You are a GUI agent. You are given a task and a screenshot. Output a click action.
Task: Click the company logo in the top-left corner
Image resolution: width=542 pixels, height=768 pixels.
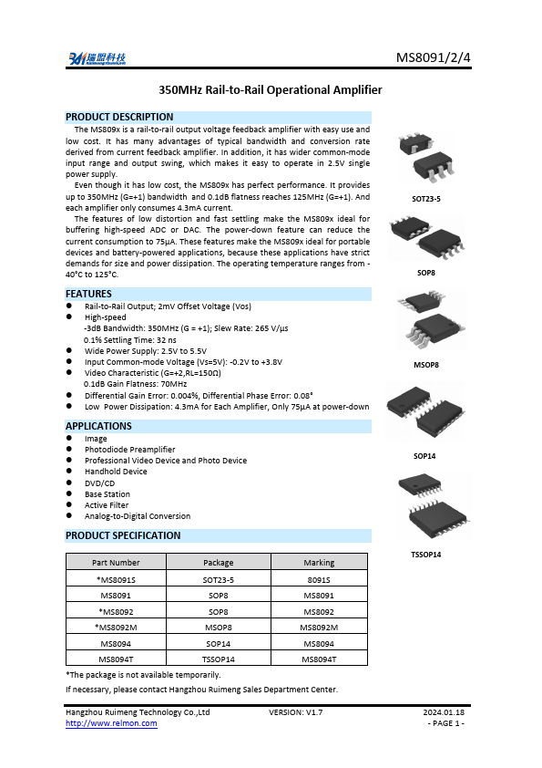(96, 59)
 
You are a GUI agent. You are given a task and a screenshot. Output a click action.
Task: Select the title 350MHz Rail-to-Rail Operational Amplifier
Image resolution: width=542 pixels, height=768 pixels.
(271, 89)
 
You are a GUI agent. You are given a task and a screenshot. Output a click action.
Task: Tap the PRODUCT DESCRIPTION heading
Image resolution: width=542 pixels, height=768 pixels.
(119, 117)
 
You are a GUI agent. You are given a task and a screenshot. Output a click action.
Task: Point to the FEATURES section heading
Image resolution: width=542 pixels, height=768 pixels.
(88, 294)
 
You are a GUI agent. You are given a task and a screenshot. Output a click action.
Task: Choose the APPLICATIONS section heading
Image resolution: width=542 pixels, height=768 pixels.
(98, 426)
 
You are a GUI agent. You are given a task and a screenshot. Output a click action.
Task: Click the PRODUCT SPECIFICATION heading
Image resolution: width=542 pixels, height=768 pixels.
(123, 535)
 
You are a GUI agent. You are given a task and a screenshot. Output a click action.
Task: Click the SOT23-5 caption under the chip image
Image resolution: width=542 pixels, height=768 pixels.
(425, 199)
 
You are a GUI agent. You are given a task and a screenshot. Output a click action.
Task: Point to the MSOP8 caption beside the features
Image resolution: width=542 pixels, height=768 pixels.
(425, 365)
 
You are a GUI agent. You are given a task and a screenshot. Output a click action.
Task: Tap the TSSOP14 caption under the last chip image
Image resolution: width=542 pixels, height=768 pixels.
(425, 555)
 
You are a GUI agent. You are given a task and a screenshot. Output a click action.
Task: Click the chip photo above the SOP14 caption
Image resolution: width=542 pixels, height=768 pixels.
(425, 415)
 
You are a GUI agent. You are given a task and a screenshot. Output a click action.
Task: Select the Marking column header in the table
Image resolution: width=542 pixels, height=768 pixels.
(319, 562)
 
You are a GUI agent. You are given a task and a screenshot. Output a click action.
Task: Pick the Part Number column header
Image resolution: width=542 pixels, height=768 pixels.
(117, 562)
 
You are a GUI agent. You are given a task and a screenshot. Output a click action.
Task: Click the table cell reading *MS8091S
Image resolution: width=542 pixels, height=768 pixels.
(117, 579)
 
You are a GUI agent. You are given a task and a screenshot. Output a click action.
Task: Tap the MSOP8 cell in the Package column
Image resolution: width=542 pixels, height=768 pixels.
(219, 627)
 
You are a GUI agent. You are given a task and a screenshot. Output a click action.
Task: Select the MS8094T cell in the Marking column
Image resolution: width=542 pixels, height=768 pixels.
(319, 658)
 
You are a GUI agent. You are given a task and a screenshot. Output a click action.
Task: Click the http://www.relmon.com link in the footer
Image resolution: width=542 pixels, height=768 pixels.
(111, 723)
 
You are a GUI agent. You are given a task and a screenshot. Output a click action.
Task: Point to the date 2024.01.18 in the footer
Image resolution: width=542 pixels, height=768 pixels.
(444, 711)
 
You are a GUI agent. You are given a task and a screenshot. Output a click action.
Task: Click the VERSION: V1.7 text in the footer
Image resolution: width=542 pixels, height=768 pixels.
(296, 711)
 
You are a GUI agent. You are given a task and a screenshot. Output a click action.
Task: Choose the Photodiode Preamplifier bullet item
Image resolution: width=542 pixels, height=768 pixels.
(129, 450)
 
